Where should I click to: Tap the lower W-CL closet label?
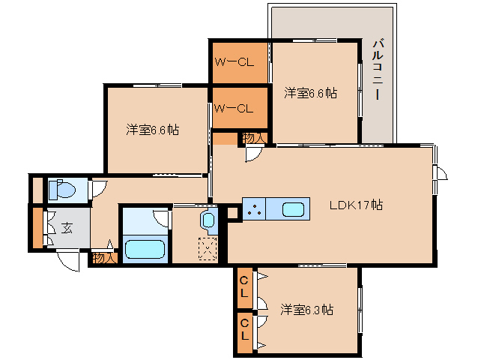(235, 108)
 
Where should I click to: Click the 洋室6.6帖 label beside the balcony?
(310, 93)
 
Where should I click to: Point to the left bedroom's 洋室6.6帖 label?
(152, 130)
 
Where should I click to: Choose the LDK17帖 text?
(357, 205)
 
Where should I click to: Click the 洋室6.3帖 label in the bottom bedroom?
(307, 309)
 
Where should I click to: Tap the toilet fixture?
(61, 190)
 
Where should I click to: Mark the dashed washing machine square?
(206, 248)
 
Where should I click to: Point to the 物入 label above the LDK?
(253, 137)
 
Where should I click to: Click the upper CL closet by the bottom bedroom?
(244, 286)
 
